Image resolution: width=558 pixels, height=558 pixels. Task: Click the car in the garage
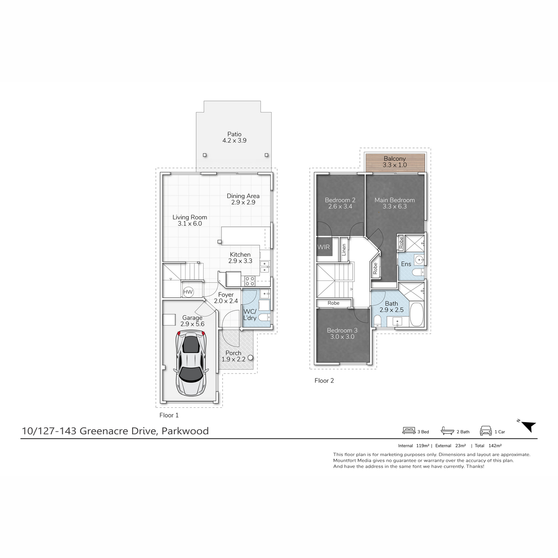(191, 364)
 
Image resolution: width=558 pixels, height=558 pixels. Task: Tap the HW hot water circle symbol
(188, 292)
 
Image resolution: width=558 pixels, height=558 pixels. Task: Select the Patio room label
(234, 134)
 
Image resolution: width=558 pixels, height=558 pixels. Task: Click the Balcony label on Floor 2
(395, 159)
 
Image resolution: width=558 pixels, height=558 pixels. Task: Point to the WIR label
(324, 247)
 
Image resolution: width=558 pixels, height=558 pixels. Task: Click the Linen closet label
(344, 250)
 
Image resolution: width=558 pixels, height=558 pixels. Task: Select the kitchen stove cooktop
(250, 280)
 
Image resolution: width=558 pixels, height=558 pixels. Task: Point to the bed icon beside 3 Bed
(409, 431)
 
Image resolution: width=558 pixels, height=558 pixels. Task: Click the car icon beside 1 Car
(486, 431)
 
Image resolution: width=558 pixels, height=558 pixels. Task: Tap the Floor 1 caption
(169, 415)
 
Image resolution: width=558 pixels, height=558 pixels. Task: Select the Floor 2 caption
(324, 380)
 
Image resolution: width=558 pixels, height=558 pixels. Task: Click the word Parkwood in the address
(185, 431)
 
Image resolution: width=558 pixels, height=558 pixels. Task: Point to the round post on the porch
(251, 358)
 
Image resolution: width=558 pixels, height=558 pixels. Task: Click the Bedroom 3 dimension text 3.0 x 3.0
(342, 337)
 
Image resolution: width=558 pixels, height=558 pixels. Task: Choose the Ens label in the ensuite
(406, 264)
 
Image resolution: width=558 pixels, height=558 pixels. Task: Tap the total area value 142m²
(495, 445)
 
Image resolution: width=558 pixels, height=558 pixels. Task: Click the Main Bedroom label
(395, 200)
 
